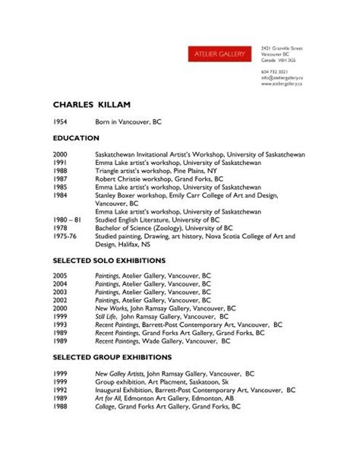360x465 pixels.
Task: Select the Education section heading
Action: [x=76, y=138]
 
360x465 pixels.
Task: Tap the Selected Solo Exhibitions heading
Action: [x=111, y=261]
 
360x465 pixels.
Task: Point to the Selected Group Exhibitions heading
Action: [x=113, y=356]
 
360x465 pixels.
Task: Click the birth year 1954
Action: [x=60, y=121]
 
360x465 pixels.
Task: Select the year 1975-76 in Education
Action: [x=65, y=236]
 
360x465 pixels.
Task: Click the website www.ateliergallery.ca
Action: [x=282, y=84]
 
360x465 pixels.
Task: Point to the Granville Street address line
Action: [x=282, y=48]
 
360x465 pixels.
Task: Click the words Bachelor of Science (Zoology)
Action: [x=141, y=228]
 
